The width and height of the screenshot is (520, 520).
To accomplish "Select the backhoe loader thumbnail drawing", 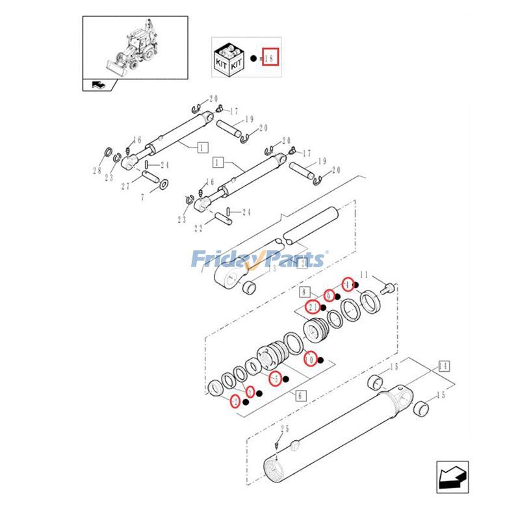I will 135,49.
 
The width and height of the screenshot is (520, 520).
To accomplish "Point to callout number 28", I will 97,172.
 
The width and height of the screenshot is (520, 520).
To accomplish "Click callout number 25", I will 284,428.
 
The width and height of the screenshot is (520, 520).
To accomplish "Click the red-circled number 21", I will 313,306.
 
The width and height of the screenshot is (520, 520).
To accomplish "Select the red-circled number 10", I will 310,358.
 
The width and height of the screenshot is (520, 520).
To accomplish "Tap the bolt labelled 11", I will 389,285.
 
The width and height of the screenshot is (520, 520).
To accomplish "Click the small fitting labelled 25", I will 278,446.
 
